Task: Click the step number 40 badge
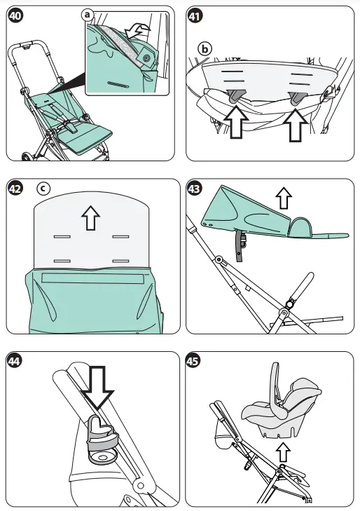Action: point(15,15)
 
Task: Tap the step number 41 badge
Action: point(195,15)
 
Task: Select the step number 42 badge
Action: point(15,189)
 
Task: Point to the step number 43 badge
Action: point(195,189)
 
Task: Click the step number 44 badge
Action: point(15,361)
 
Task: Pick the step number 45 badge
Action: point(193,361)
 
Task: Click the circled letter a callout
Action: point(88,15)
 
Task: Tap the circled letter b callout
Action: point(205,49)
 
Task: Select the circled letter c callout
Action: point(43,188)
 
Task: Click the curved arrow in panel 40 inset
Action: point(138,32)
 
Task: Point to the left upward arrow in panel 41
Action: point(236,123)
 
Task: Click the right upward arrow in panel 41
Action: point(296,126)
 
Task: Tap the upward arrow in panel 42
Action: point(90,219)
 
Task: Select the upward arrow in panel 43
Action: point(284,198)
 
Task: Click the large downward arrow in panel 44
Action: point(97,388)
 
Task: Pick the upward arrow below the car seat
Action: point(282,452)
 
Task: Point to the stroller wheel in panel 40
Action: point(27,156)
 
